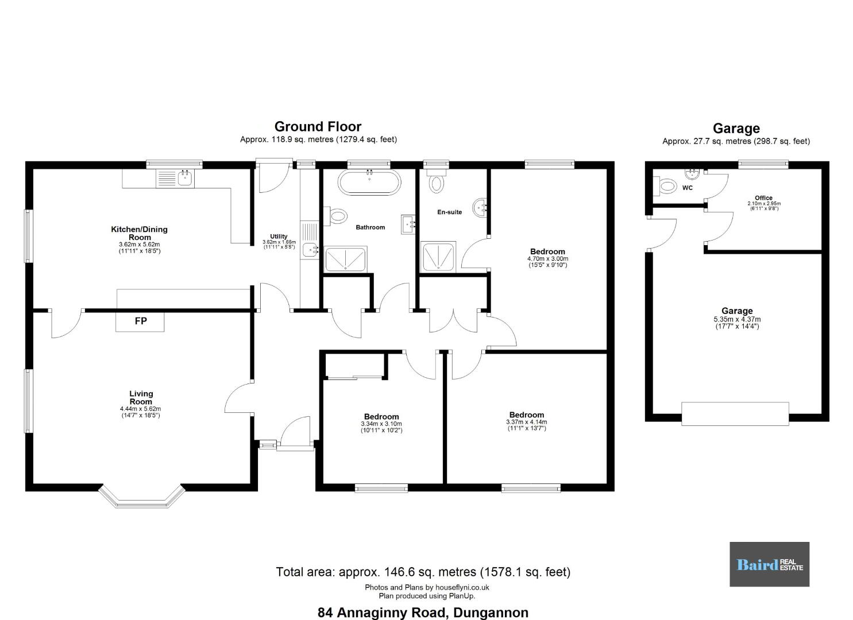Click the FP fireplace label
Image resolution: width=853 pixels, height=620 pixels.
coord(141,321)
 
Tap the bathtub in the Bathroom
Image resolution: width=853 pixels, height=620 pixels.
coord(369,183)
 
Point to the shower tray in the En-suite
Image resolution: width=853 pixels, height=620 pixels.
coord(438,257)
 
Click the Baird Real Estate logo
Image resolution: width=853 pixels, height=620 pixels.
coord(769,564)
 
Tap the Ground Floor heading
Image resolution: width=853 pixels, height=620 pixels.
coord(318,126)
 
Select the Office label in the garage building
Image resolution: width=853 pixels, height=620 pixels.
coord(763,198)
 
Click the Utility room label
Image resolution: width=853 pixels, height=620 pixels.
coord(279,237)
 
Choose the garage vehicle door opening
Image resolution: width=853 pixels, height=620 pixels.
coord(735,414)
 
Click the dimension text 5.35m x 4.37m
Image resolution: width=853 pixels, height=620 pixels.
coord(737,319)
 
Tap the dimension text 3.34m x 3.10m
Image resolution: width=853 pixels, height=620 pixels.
coord(381,424)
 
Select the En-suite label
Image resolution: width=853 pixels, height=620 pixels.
coord(449,212)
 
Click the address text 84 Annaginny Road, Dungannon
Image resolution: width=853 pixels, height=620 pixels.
coord(423,613)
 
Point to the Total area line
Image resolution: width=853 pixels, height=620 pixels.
coord(423,572)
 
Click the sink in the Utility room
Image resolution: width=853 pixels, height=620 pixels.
coord(310,250)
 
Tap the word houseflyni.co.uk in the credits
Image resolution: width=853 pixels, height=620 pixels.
coord(462,587)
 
